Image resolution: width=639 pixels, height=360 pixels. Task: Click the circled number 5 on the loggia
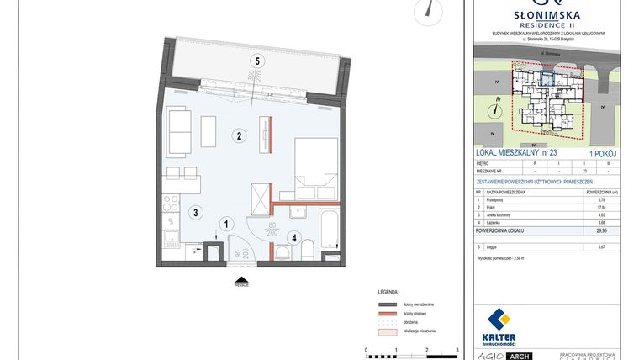258,60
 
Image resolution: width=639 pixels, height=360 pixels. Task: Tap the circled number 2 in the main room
239,135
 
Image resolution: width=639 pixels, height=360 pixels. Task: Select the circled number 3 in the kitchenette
194,212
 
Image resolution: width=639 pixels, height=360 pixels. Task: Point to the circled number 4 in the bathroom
294,236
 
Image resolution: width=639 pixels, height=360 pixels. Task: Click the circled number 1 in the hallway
225,223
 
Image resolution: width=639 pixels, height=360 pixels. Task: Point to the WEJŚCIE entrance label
241,284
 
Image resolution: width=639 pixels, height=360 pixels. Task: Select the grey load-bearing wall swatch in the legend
388,303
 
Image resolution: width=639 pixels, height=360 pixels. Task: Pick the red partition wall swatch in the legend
388,312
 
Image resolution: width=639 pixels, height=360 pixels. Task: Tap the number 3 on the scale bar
456,348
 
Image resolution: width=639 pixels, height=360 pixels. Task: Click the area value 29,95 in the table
599,229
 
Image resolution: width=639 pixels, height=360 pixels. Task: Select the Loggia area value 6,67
600,247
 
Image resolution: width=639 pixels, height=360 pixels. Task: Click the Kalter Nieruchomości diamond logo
500,320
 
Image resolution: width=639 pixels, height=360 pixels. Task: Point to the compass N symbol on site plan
498,107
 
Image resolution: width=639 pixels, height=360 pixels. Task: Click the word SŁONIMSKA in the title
547,14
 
